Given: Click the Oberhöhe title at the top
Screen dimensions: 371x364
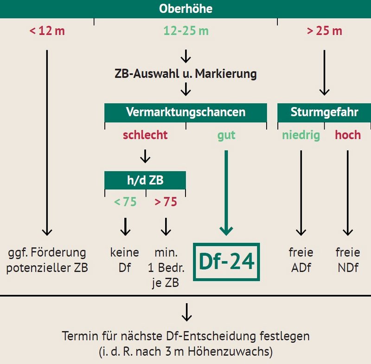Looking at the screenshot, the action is click(185, 9).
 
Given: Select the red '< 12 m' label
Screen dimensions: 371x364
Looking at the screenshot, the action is click(47, 31).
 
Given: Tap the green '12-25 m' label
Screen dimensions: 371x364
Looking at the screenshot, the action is click(186, 31).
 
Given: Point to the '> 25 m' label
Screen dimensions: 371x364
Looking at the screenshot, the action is click(324, 31).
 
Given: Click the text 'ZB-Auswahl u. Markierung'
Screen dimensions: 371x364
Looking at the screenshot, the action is click(186, 74).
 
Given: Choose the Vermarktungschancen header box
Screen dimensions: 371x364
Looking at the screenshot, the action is click(186, 112).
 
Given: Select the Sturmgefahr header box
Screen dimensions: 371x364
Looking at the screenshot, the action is click(324, 112).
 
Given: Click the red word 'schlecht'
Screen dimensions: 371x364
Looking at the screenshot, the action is click(145, 135).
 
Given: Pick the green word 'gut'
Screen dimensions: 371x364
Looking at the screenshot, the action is click(226, 136).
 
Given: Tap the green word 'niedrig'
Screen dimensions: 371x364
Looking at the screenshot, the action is click(301, 136).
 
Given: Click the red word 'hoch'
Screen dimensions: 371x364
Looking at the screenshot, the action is click(348, 135).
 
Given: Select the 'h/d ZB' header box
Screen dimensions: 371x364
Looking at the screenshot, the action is click(145, 180).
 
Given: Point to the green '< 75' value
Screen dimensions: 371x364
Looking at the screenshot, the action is click(125, 202).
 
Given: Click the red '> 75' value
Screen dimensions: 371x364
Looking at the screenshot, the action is click(166, 202).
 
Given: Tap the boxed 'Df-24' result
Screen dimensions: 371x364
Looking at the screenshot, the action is click(226, 262).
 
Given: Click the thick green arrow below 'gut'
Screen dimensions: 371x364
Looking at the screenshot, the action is click(226, 193).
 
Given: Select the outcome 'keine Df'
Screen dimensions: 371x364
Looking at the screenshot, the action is click(125, 260).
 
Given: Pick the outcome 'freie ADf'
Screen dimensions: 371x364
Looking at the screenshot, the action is click(301, 260).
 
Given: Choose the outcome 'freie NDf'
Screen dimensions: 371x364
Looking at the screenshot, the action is click(348, 260).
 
